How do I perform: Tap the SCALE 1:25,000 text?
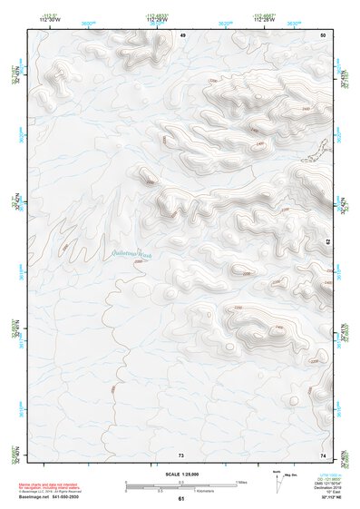181,474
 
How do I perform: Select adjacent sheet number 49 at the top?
181,34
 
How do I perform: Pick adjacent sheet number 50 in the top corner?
323,34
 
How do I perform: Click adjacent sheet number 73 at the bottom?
181,455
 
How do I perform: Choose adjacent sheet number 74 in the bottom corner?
323,455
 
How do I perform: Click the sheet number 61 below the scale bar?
181,498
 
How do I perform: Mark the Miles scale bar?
181,483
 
